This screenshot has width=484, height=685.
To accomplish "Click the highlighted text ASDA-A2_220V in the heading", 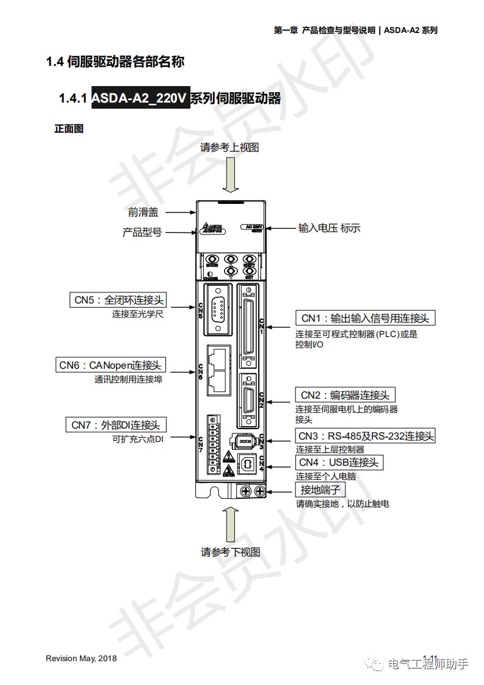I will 140,98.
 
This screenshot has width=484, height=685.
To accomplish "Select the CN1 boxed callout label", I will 366,318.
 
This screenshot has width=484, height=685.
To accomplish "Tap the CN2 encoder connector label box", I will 345,395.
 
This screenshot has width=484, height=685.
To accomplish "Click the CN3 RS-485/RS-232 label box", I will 366,436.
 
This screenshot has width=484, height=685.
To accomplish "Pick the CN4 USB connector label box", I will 339,462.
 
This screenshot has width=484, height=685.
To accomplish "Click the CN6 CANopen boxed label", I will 110,365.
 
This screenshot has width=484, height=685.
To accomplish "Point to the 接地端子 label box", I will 320,490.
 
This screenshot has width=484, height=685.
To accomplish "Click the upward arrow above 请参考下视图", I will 231,524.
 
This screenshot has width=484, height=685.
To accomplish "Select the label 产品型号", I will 142,232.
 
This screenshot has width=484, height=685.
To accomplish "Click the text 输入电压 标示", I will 329,228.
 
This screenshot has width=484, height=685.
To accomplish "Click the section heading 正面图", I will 68,129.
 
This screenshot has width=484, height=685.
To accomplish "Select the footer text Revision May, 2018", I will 81,659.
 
